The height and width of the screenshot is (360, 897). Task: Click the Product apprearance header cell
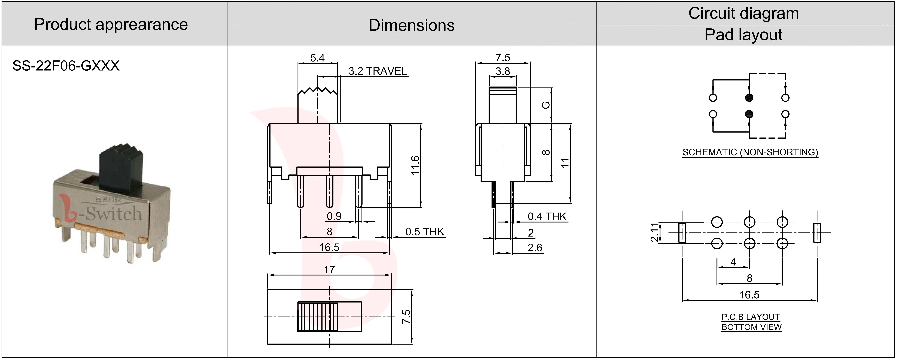point(111,24)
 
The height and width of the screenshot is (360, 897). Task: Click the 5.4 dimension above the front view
point(317,58)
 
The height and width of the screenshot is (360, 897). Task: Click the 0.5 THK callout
point(424,232)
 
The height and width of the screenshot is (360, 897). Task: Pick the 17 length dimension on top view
point(329,270)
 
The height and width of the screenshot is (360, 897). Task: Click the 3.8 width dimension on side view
point(502,71)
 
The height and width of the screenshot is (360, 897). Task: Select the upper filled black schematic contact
point(749,98)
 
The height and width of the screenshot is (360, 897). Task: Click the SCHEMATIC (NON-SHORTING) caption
point(750,152)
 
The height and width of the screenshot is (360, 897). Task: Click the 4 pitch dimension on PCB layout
point(733,262)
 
